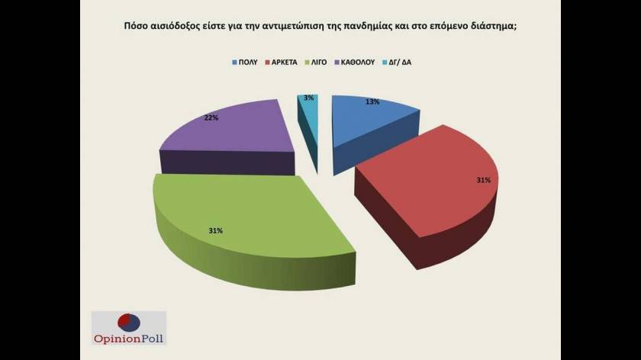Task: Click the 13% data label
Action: click(x=373, y=101)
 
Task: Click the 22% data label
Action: click(x=211, y=118)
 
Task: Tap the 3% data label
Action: click(x=308, y=98)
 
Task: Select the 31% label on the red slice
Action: click(x=482, y=180)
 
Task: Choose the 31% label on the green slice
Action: click(x=215, y=230)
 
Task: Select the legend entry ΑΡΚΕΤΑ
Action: click(x=286, y=61)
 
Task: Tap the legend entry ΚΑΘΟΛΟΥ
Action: click(x=359, y=61)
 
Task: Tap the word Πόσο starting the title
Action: click(x=137, y=26)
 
